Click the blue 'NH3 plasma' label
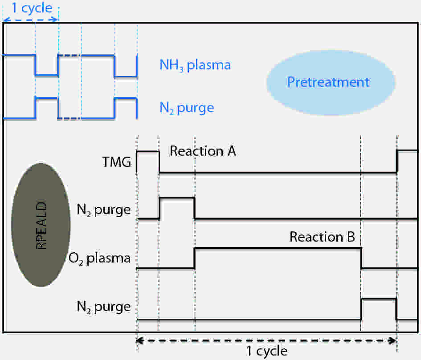tap(195, 65)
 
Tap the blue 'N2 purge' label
tap(187, 108)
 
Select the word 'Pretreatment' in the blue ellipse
tap(328, 82)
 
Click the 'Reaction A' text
tap(203, 151)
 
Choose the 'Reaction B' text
tap(322, 237)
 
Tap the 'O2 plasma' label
tap(100, 258)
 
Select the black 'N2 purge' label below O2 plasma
tap(104, 307)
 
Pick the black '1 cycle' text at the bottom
tap(267, 351)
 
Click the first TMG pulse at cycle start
tap(147, 152)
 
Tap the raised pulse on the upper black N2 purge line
tap(177, 198)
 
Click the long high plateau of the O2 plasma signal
tap(277, 248)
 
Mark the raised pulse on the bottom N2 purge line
tap(378, 299)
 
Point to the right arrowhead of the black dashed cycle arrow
tap(393, 341)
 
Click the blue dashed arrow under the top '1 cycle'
tap(30, 20)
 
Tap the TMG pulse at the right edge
tap(407, 151)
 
